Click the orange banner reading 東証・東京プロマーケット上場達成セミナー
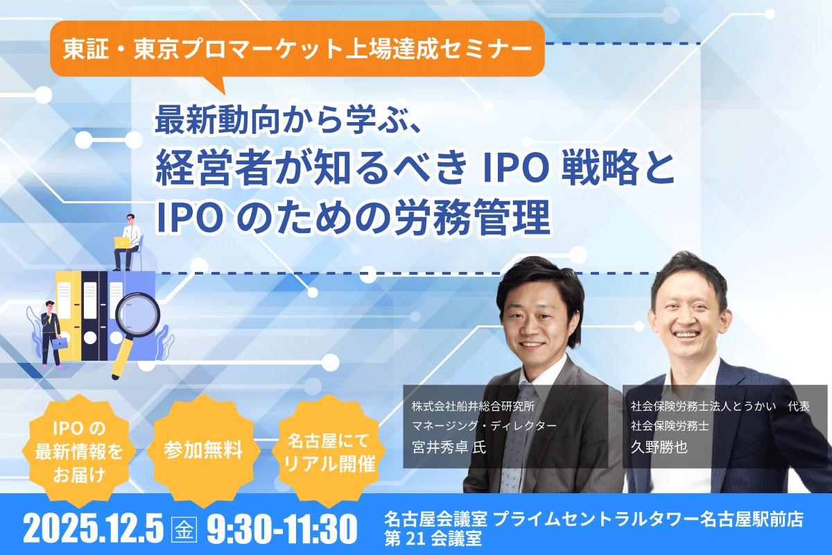pyautogui.click(x=297, y=49)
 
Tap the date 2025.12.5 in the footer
pyautogui.click(x=93, y=528)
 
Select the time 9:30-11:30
pyautogui.click(x=282, y=528)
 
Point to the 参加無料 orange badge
pyautogui.click(x=204, y=450)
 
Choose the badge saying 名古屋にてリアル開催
pyautogui.click(x=329, y=451)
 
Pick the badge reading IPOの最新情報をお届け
pyautogui.click(x=79, y=451)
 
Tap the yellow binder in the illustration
pyautogui.click(x=69, y=315)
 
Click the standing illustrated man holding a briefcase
pyautogui.click(x=51, y=334)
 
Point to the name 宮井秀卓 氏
pyautogui.click(x=449, y=447)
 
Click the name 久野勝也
pyautogui.click(x=659, y=447)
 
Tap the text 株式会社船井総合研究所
pyautogui.click(x=473, y=407)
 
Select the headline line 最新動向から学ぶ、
pyautogui.click(x=288, y=120)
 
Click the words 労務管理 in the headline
pyautogui.click(x=472, y=217)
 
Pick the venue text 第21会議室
pyautogui.click(x=433, y=538)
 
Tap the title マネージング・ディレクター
pyautogui.click(x=484, y=426)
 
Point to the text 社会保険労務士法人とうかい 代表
pyautogui.click(x=720, y=407)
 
